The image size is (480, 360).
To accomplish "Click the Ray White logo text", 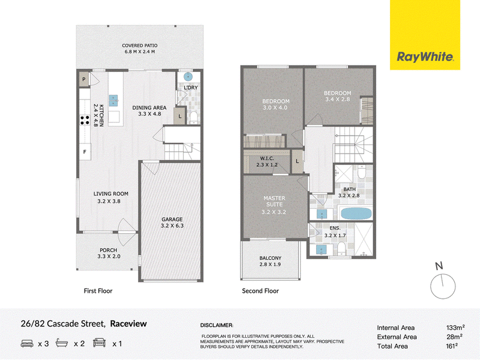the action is [425, 57].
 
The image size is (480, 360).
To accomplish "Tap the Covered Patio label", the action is [140, 46].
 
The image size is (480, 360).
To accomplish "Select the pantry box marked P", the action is [84, 80].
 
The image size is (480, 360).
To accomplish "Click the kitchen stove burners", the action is [85, 120].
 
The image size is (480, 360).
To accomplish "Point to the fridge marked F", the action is [85, 152].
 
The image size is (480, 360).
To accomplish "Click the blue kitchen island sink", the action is [113, 100].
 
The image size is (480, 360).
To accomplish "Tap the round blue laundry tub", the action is [188, 77].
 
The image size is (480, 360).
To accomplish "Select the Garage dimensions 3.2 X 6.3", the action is [172, 226].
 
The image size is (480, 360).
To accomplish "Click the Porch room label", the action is [109, 250].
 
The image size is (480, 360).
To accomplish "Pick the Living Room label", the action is [111, 194].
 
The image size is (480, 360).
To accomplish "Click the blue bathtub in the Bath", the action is [356, 214].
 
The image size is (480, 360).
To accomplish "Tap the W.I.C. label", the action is [267, 158].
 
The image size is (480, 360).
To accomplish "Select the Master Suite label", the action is [274, 202].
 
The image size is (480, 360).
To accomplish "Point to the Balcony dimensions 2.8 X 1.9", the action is [270, 265].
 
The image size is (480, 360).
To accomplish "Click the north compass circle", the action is [443, 287].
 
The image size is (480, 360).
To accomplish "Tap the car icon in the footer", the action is [99, 343].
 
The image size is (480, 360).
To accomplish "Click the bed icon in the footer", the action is [27, 343].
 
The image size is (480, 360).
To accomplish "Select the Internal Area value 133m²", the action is [455, 328].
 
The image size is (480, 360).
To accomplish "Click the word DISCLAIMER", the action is [217, 325].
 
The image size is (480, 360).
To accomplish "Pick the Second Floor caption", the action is [260, 291].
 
